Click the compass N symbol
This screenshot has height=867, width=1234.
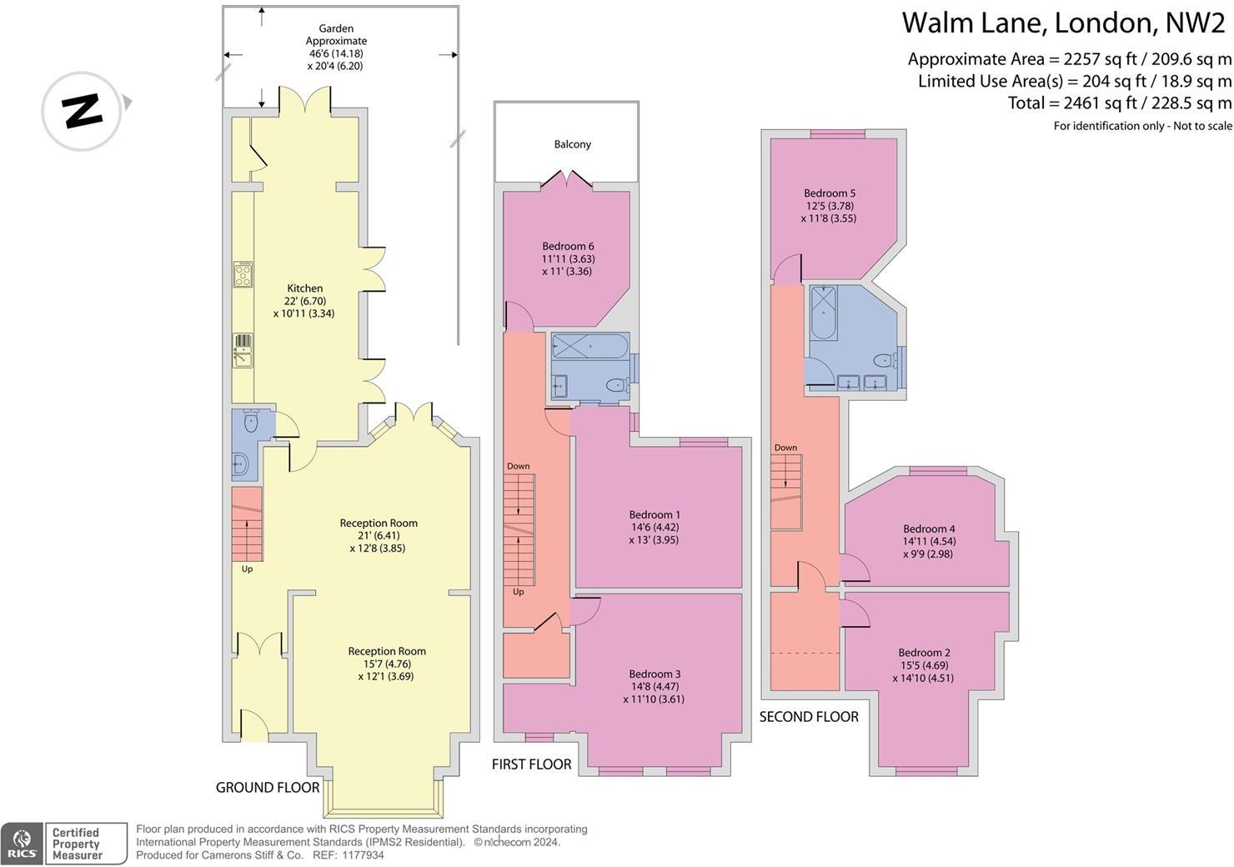tap(82, 111)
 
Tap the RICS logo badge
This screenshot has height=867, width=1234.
tap(22, 844)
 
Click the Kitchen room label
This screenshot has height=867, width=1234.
tap(304, 288)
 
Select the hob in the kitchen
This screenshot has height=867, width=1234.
tap(243, 274)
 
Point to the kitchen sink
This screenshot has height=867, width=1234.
tap(242, 351)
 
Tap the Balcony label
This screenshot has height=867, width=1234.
tap(572, 144)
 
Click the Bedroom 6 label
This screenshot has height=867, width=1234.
tap(568, 246)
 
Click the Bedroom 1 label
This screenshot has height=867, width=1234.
tap(655, 515)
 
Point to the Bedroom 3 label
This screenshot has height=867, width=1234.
tap(655, 674)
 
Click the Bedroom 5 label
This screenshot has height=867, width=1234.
tap(830, 193)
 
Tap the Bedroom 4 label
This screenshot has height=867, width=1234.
tap(929, 529)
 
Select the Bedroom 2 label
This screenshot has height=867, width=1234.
tap(924, 653)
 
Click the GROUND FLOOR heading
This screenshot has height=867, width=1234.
tap(268, 787)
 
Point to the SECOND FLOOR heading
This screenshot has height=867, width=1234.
tap(808, 716)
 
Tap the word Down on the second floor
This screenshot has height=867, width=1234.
tap(785, 448)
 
